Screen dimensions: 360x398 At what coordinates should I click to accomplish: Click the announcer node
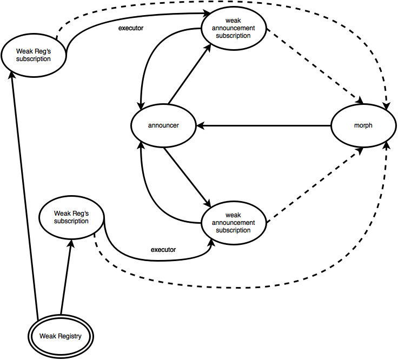163,125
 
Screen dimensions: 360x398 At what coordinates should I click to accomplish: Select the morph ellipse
363,125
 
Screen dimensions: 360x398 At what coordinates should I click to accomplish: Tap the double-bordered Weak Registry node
61,336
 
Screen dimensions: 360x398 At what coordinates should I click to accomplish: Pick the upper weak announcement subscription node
234,28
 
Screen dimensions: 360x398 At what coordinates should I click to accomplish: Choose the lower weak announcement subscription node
234,223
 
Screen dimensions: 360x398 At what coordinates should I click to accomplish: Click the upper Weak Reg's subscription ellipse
34,55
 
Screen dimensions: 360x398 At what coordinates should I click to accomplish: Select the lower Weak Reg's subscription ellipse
71,217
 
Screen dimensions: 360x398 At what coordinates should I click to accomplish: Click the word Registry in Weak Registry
70,336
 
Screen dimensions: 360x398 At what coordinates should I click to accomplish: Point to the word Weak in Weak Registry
48,336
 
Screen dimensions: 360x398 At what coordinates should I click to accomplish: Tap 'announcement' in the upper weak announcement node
234,28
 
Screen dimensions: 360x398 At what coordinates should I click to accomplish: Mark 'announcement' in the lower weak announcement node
234,223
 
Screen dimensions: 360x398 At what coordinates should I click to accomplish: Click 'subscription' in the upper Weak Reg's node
34,59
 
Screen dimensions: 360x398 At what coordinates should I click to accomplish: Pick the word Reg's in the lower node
79,214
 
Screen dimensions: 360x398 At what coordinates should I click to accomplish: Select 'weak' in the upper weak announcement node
234,21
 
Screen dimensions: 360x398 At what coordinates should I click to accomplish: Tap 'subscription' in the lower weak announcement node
234,230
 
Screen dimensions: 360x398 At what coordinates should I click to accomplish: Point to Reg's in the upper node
41,51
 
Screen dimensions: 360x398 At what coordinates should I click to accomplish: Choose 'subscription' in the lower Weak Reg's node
71,221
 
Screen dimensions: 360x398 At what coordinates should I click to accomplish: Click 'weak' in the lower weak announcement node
234,215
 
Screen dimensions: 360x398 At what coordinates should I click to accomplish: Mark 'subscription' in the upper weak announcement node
234,36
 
